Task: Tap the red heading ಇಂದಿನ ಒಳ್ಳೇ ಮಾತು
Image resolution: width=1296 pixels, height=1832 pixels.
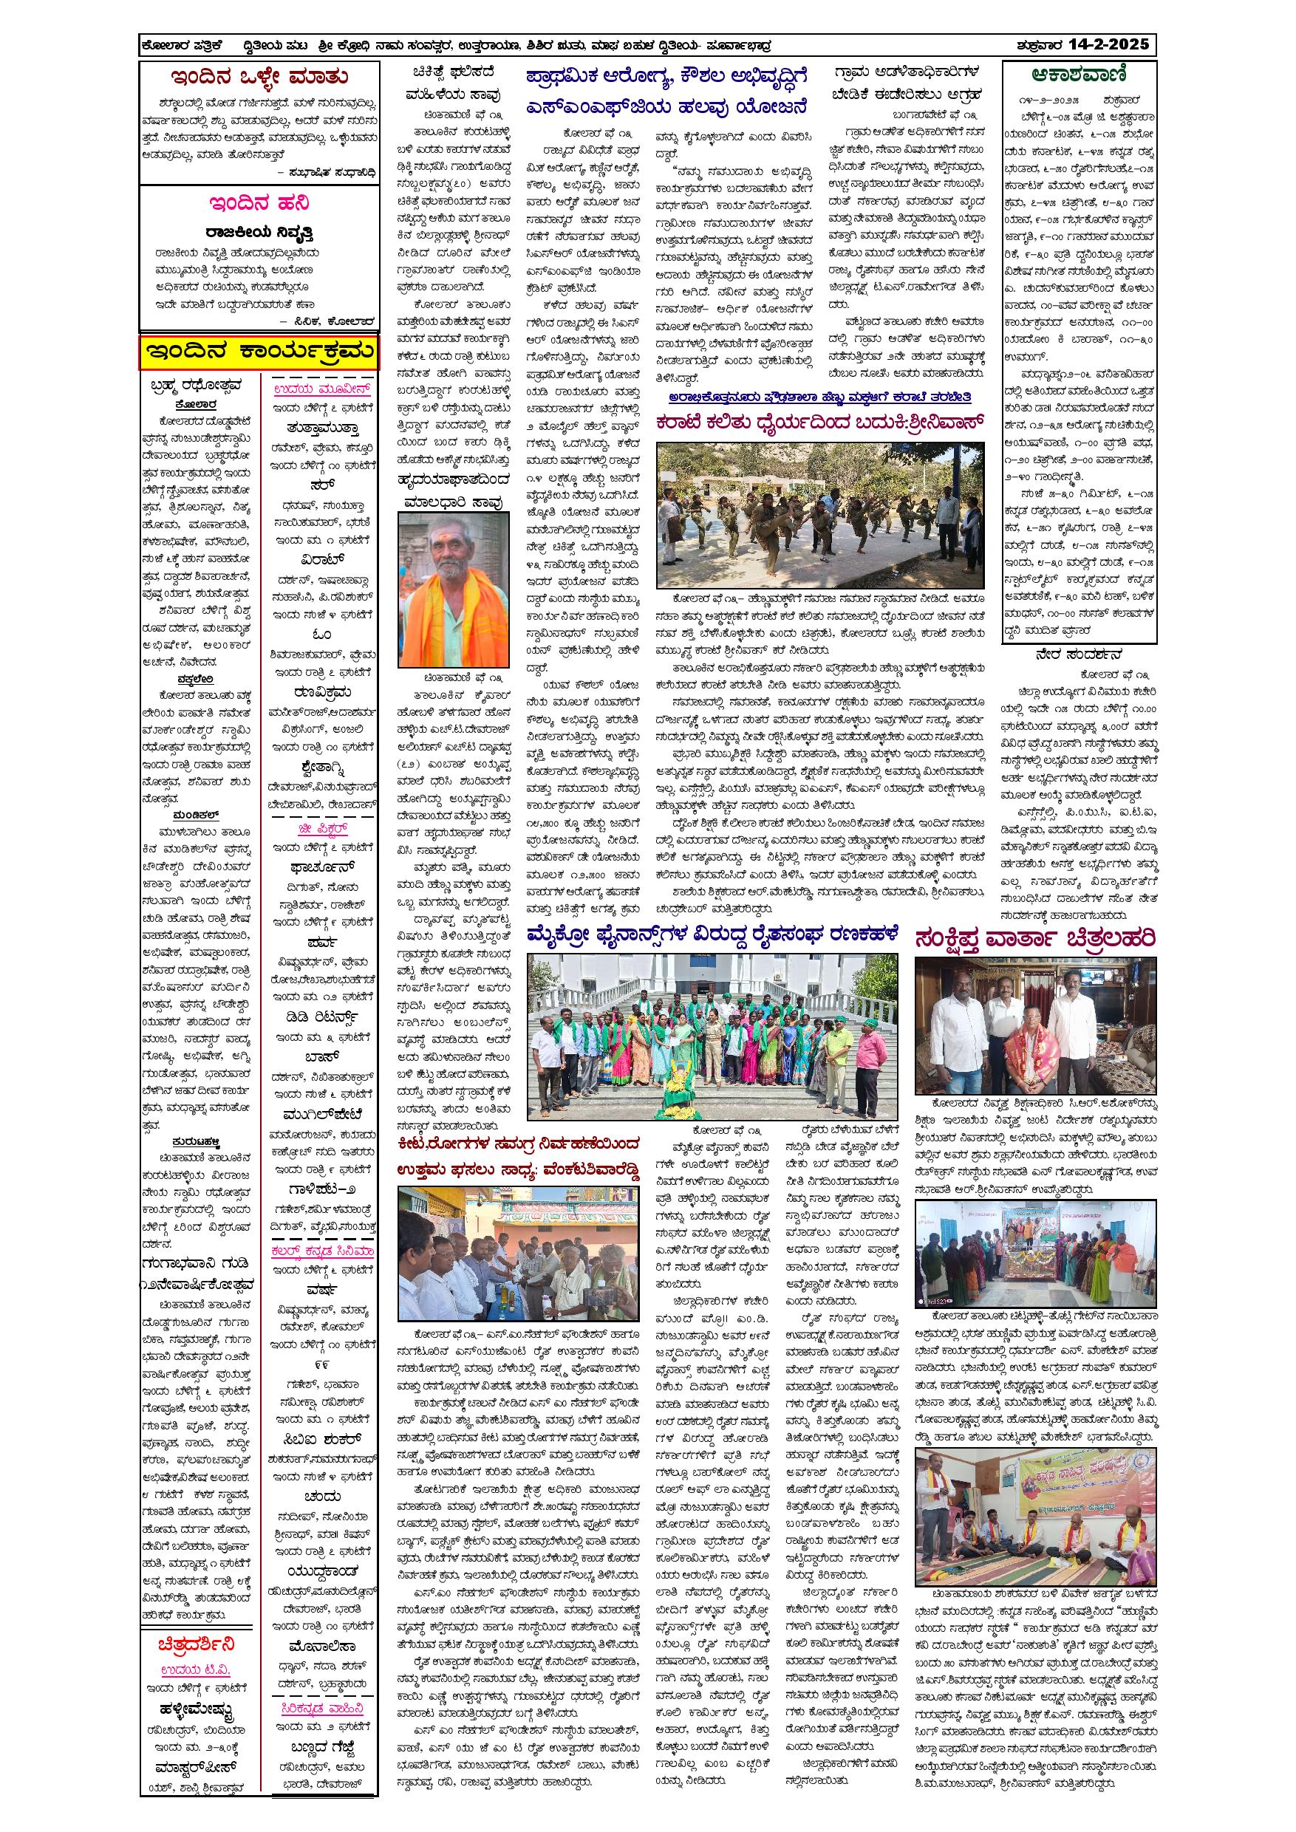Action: [x=259, y=78]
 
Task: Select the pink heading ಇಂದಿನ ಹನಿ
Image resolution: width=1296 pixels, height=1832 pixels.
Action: [x=259, y=203]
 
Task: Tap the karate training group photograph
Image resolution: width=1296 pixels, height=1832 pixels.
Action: [x=819, y=516]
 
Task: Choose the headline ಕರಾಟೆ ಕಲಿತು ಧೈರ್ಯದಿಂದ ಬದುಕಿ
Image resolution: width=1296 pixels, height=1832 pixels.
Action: [x=819, y=422]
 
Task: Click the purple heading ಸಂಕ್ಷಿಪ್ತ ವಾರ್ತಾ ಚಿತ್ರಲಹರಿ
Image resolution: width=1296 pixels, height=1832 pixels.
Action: [x=1035, y=937]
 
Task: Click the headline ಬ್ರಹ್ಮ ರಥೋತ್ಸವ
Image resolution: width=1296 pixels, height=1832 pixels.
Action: [x=197, y=387]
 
